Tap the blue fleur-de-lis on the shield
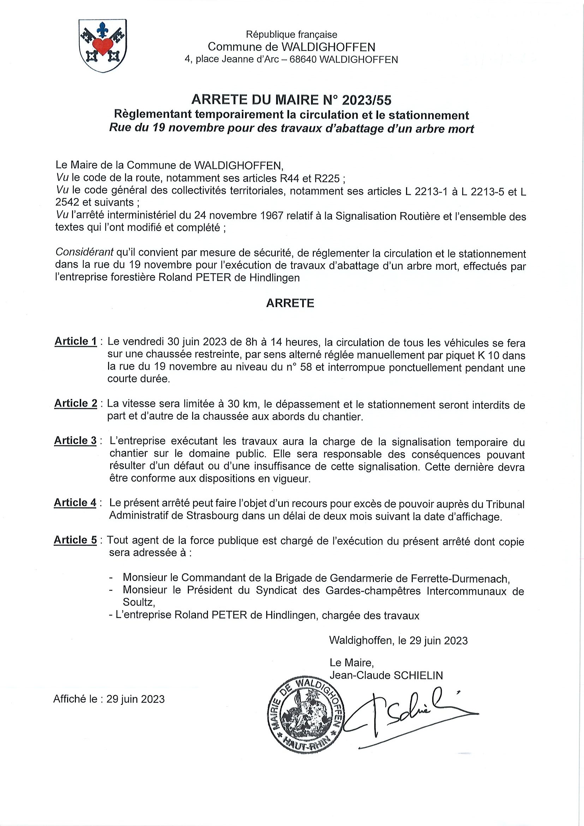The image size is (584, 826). tap(103, 30)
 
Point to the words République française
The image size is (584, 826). tap(291, 35)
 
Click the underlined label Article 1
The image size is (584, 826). tap(76, 341)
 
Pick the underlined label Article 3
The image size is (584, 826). tap(76, 441)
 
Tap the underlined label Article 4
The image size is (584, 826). tap(75, 503)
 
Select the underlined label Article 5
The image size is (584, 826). tap(75, 540)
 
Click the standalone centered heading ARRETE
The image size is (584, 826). tap(290, 303)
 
